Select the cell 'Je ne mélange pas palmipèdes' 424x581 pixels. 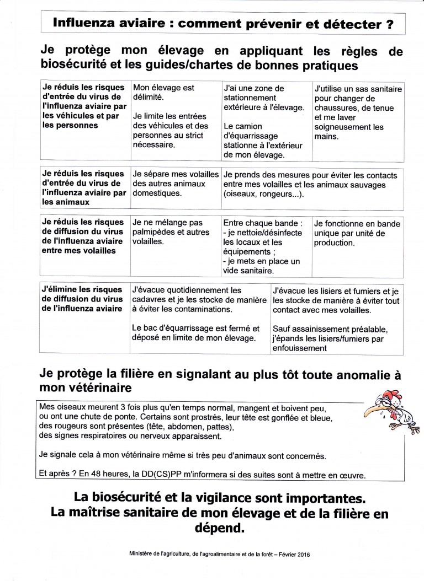click(x=174, y=232)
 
